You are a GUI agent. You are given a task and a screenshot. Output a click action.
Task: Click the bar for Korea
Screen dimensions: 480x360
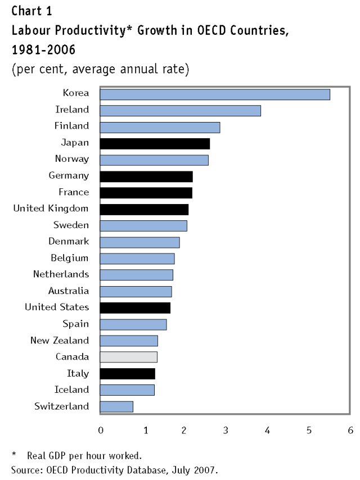(214, 94)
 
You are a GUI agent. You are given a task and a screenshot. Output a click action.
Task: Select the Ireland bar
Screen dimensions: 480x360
(180, 111)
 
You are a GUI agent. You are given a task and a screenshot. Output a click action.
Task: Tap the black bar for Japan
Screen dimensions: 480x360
(155, 144)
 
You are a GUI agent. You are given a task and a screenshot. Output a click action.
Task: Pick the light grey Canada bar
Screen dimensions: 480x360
(128, 357)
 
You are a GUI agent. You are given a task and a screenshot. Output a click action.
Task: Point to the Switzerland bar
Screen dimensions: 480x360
(116, 406)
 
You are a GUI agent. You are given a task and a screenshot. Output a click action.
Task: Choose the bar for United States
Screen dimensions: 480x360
(135, 307)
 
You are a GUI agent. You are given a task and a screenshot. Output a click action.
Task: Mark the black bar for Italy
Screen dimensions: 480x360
(127, 373)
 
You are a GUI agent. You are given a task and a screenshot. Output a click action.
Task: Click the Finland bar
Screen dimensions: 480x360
(160, 127)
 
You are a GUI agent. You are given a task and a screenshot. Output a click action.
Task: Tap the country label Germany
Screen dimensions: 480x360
(69, 176)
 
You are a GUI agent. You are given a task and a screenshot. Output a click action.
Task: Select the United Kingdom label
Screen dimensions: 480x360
(51, 209)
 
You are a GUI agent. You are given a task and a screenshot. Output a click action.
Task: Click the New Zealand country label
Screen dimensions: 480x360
(59, 340)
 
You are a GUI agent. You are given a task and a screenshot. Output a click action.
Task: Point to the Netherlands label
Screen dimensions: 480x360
(61, 274)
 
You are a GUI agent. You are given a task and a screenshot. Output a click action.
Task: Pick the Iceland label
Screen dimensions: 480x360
(71, 390)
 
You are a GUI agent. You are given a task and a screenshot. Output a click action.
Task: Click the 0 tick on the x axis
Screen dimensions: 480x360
(100, 431)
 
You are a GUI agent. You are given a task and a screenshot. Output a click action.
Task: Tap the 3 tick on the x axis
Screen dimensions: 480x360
(225, 431)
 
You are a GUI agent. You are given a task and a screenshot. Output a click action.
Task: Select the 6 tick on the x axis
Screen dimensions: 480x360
(350, 431)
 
